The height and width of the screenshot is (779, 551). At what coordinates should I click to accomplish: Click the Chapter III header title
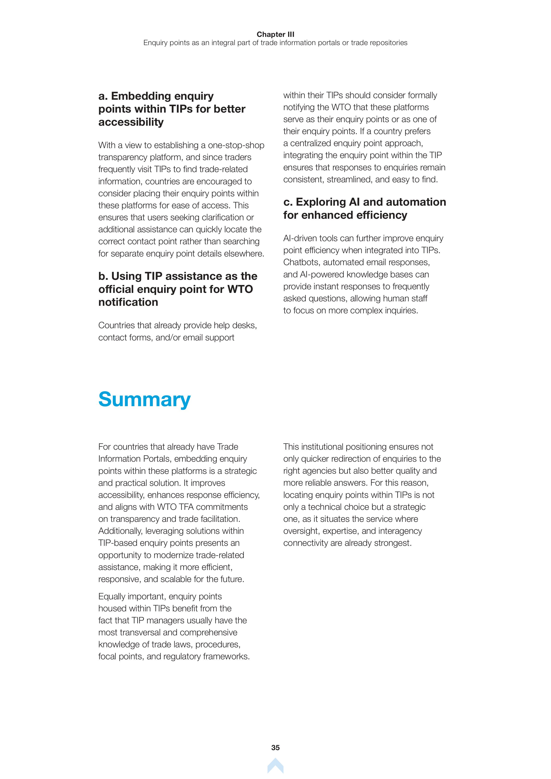275,34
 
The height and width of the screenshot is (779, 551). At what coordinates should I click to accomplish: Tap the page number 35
275,747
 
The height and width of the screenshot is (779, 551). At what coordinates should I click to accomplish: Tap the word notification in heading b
128,302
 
